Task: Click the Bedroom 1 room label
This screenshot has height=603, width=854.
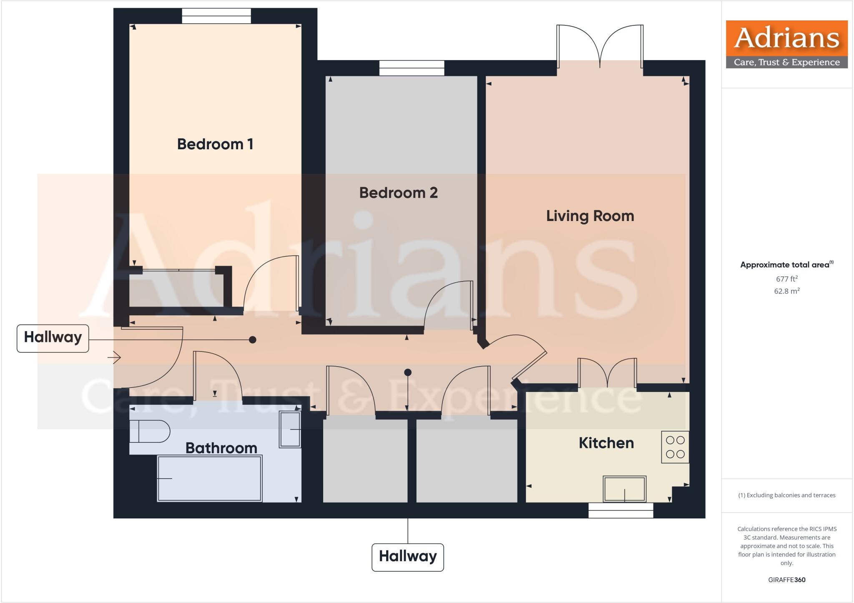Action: [215, 144]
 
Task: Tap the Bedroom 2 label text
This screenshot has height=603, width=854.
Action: [398, 193]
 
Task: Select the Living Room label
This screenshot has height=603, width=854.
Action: [590, 216]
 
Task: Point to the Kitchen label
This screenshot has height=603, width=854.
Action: [606, 443]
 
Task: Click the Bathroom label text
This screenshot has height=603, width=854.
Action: [221, 448]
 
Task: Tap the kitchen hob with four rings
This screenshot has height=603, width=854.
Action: [675, 447]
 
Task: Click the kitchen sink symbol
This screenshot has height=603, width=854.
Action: [624, 489]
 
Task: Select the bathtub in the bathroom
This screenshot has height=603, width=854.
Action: [209, 478]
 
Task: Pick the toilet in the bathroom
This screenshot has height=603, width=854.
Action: [149, 431]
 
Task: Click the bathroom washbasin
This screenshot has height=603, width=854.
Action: [290, 430]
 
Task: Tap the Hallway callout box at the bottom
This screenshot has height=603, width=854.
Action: [407, 557]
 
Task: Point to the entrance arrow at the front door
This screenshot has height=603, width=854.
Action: [114, 357]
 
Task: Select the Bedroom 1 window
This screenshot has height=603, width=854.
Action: [216, 16]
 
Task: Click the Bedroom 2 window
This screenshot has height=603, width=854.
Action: [412, 68]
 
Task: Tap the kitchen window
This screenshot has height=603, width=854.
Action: [620, 510]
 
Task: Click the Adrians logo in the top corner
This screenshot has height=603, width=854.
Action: [786, 44]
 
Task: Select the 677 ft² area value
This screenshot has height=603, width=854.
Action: [786, 279]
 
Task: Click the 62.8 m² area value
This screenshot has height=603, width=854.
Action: [786, 291]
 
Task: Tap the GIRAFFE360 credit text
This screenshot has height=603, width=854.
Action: [786, 580]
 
